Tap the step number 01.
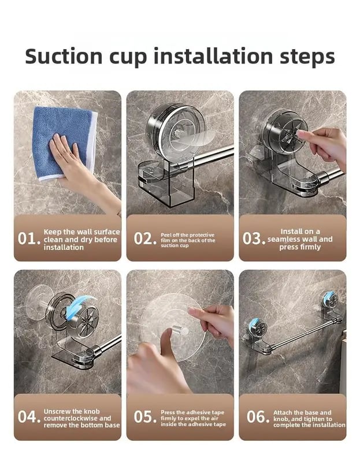pyautogui.click(x=28, y=239)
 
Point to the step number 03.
pyautogui.click(x=254, y=239)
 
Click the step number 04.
pyautogui.click(x=28, y=418)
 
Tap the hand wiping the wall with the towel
pyautogui.click(x=75, y=165)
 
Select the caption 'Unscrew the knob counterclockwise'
pyautogui.click(x=81, y=418)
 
